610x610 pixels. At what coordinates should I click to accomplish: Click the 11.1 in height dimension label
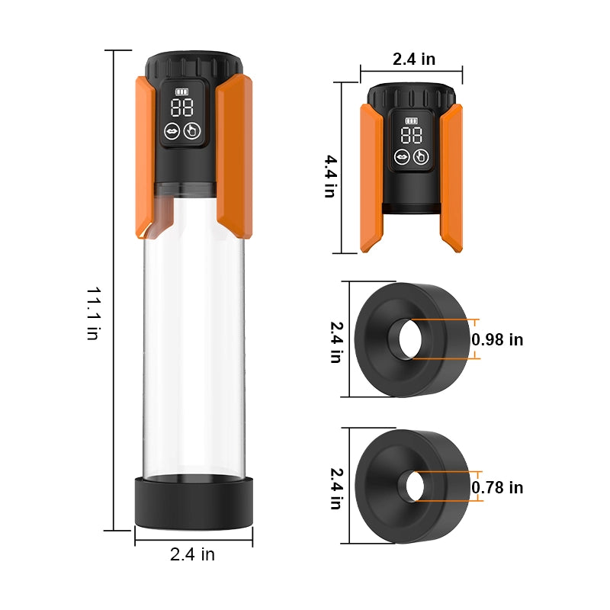pos(94,313)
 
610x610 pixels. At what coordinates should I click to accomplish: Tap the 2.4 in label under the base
pos(192,554)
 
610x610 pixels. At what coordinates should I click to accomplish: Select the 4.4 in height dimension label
pos(331,176)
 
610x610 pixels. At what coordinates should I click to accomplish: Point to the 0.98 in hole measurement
pos(497,339)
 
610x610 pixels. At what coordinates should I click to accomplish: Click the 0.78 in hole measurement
pos(497,487)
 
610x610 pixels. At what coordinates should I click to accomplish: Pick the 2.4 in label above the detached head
pos(414,59)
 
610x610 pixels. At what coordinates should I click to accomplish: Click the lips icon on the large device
pos(172,131)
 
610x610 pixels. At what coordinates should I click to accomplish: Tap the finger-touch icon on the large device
pos(192,131)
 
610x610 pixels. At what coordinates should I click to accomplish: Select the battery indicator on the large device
pos(181,91)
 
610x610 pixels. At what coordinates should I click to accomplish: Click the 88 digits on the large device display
pos(181,108)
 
